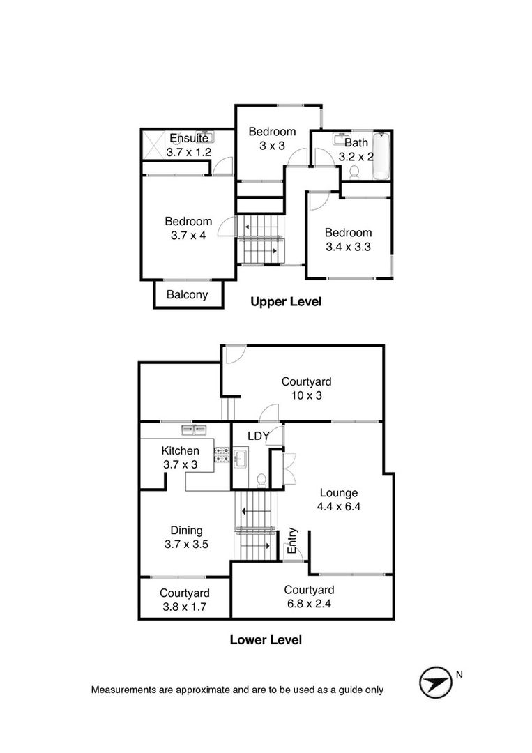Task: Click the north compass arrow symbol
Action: (436, 682)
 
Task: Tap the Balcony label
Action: (188, 294)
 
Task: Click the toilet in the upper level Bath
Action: (355, 171)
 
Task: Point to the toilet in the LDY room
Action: (261, 480)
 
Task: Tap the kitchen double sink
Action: (194, 429)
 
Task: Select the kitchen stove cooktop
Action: (221, 455)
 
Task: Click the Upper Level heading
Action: (286, 302)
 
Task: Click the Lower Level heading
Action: (266, 639)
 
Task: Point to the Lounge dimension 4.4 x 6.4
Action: (339, 506)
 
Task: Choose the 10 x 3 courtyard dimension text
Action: (306, 395)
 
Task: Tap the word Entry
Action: (292, 541)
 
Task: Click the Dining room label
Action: (186, 530)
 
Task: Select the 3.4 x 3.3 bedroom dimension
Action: (348, 247)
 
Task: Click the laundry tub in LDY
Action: (240, 459)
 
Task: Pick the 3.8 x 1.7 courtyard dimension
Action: (184, 607)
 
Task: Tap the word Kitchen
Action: (180, 450)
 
